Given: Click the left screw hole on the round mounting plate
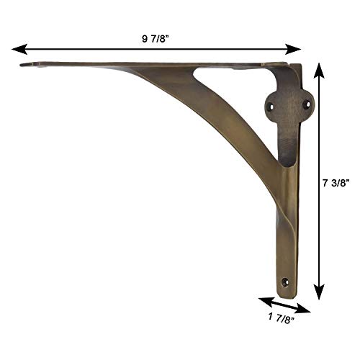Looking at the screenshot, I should click(272, 104).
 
